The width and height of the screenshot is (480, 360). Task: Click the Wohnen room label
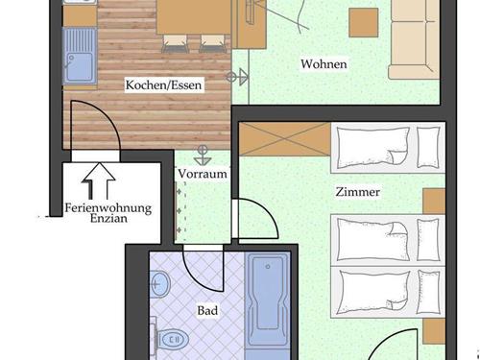pyautogui.click(x=324, y=64)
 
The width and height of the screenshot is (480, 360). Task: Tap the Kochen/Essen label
pyautogui.click(x=163, y=85)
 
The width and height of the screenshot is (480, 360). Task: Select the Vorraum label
pyautogui.click(x=203, y=174)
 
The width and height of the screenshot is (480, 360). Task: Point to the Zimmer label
pyautogui.click(x=358, y=192)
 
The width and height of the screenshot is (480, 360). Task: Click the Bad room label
pyautogui.click(x=207, y=310)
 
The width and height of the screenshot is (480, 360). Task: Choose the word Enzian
pyautogui.click(x=108, y=219)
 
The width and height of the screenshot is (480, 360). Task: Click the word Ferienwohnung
pyautogui.click(x=108, y=208)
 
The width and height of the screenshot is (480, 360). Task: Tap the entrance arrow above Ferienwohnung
pyautogui.click(x=99, y=180)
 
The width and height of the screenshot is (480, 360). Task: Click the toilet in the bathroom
pyautogui.click(x=170, y=339)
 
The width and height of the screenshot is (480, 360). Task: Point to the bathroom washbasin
pyautogui.click(x=159, y=283)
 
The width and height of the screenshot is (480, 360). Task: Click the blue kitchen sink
pyautogui.click(x=80, y=57)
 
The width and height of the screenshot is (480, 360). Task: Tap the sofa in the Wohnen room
pyautogui.click(x=415, y=39)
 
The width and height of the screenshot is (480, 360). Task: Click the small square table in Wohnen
pyautogui.click(x=364, y=23)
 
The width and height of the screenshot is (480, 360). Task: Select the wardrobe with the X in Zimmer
pyautogui.click(x=285, y=139)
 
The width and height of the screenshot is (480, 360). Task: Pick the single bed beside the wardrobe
pyautogui.click(x=388, y=148)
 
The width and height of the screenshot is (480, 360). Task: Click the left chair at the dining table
pyautogui.click(x=175, y=43)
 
